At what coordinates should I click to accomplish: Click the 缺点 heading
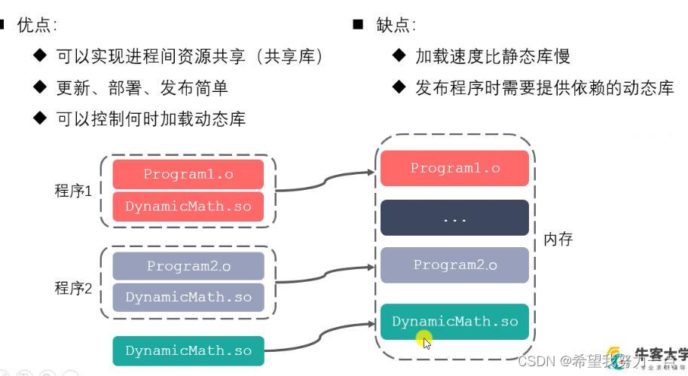coord(396,25)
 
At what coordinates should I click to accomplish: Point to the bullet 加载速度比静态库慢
coord(492,57)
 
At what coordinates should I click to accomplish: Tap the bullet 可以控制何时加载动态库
coord(151,118)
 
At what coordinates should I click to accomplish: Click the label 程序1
coord(73,191)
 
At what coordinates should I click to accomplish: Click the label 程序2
coord(73,289)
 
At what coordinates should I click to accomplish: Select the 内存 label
coord(558,240)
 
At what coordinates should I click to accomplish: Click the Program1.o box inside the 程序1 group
coord(188,174)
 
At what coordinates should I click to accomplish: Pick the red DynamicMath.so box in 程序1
coord(188,206)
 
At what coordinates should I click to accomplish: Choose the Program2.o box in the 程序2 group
coord(188,266)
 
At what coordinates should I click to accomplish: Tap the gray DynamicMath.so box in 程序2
coord(188,298)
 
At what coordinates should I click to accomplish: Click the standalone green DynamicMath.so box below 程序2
coord(188,350)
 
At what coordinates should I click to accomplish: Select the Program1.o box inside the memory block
coord(455,168)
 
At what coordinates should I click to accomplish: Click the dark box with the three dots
coord(455,218)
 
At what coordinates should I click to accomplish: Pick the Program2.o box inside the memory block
coord(455,264)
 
